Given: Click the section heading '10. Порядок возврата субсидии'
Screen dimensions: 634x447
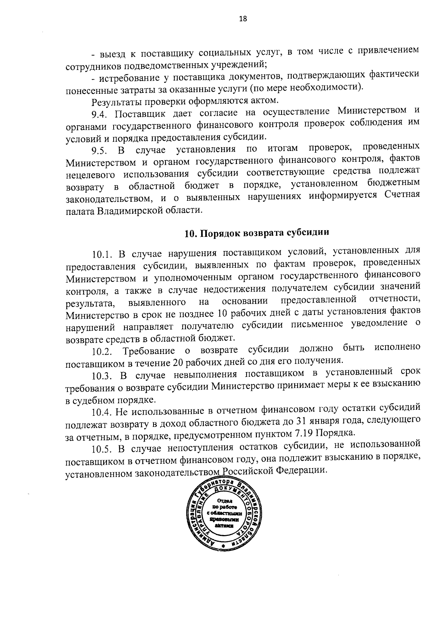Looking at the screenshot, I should point(257,233).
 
